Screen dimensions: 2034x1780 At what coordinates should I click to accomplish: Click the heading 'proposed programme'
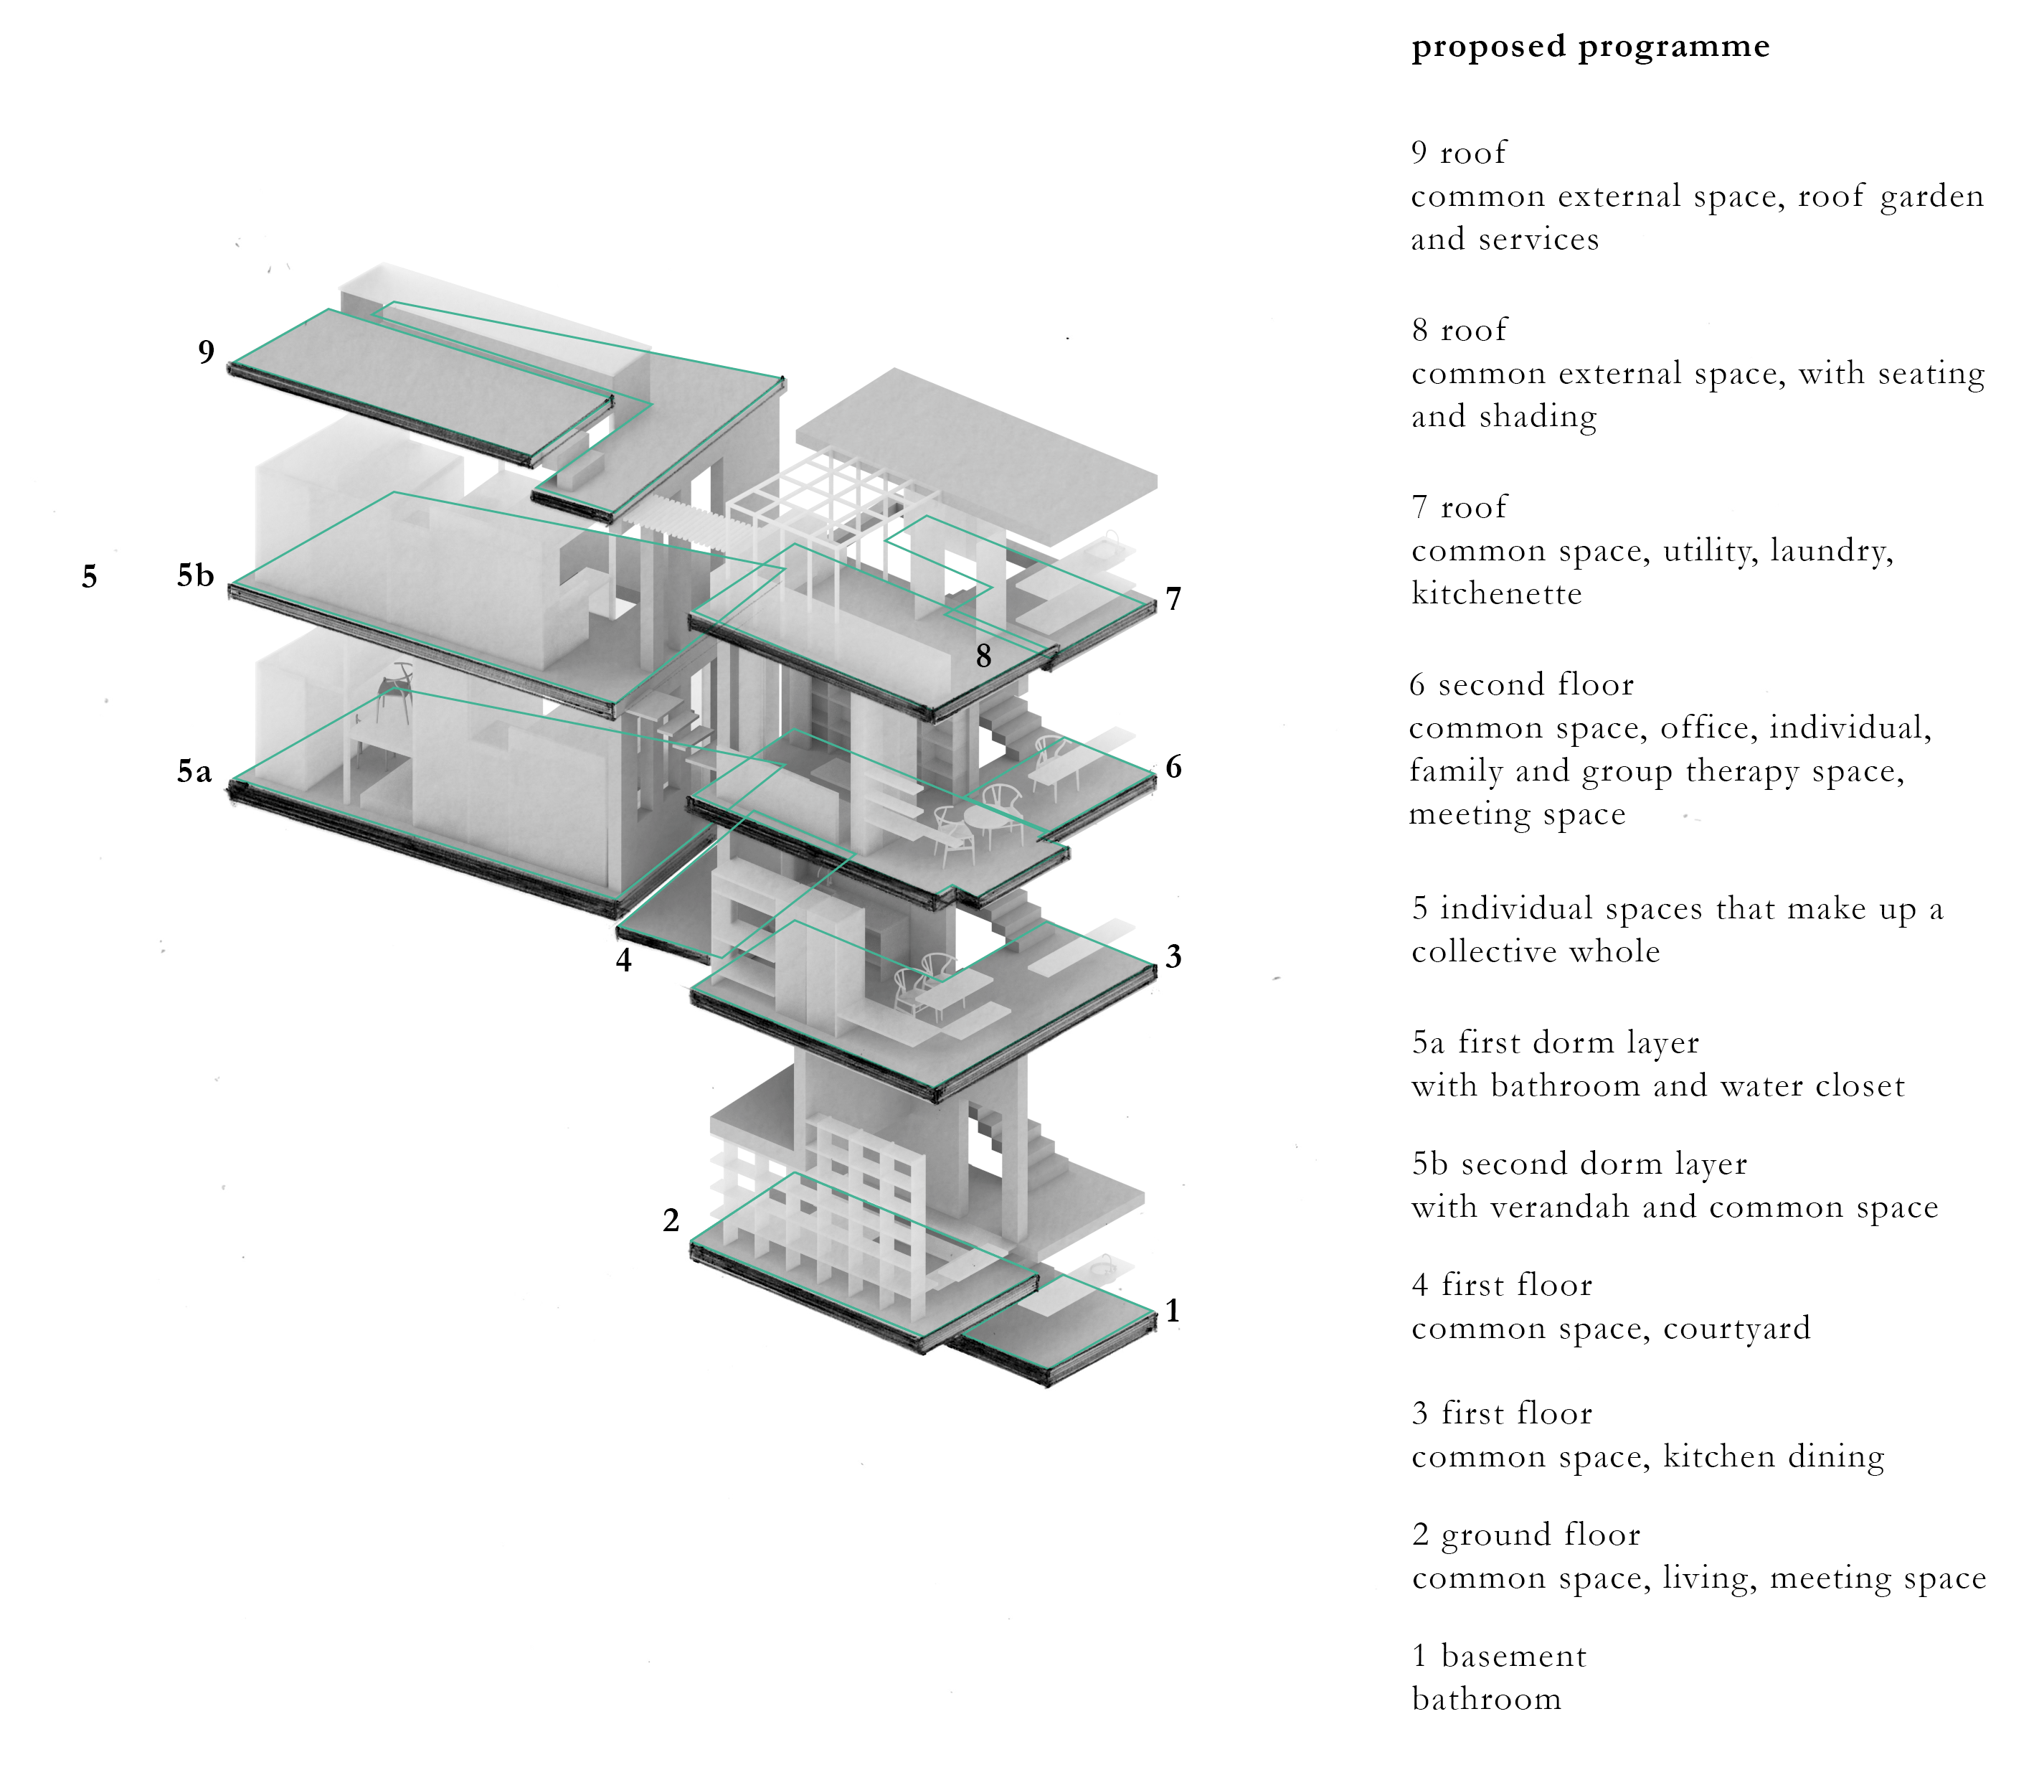tap(1590, 47)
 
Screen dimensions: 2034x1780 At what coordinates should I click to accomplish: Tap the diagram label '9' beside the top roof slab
tap(206, 352)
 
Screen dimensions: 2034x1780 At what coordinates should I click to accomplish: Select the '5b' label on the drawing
tap(196, 575)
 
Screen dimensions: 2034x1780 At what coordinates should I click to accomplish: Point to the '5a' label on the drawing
tap(194, 771)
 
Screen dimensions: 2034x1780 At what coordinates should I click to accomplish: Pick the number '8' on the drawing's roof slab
tap(983, 656)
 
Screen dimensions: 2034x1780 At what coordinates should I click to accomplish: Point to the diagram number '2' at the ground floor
tap(671, 1221)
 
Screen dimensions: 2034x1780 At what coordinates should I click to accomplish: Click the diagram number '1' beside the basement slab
tap(1173, 1312)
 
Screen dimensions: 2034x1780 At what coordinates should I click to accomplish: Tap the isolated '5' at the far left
tap(90, 576)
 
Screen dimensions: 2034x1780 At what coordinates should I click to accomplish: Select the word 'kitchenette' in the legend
tap(1497, 594)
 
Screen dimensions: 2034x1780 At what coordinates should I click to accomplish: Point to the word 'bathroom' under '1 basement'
tap(1487, 1700)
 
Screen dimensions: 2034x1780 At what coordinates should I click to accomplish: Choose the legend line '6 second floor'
tap(1521, 684)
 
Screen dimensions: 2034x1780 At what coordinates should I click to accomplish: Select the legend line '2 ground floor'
tap(1525, 1535)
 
